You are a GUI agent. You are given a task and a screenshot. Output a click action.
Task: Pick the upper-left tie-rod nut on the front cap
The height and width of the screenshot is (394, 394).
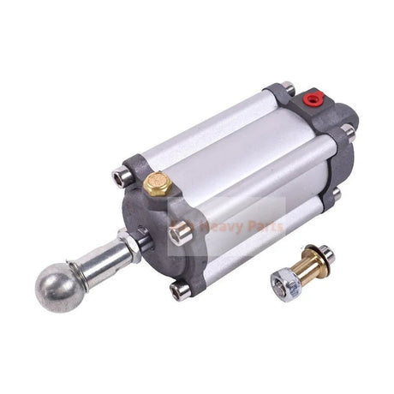[120, 178]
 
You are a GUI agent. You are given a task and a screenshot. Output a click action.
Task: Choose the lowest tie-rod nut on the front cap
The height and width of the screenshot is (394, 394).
[181, 291]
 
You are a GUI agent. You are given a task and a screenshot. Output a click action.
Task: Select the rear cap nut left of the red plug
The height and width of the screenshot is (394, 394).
[289, 88]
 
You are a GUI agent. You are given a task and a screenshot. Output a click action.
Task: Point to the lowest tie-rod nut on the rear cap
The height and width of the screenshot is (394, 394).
[336, 194]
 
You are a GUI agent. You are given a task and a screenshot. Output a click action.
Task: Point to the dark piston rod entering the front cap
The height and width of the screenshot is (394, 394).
[144, 241]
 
